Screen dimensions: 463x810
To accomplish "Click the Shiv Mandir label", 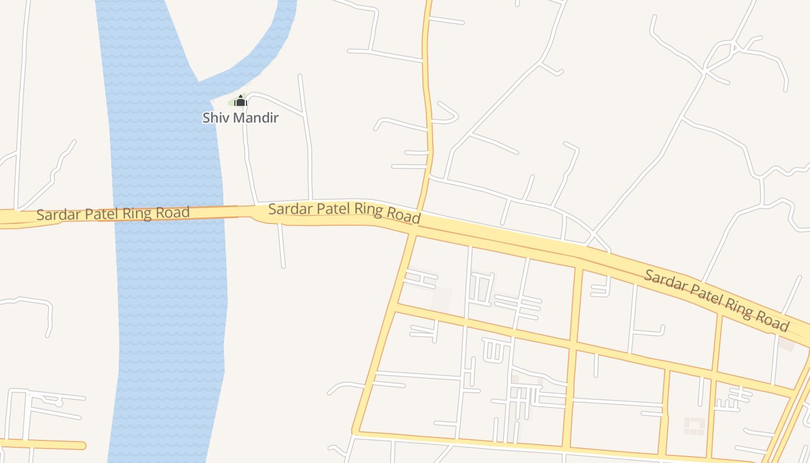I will pyautogui.click(x=240, y=118).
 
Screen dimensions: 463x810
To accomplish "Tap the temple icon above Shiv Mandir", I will pyautogui.click(x=241, y=101).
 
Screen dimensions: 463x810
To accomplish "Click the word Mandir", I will pyautogui.click(x=255, y=118).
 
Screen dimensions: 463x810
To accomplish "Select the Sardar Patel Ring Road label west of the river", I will pyautogui.click(x=113, y=214).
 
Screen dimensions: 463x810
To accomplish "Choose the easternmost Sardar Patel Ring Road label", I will pyautogui.click(x=716, y=300).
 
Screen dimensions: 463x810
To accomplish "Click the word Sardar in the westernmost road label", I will pyautogui.click(x=58, y=215).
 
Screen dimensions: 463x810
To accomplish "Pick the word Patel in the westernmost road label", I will pyautogui.click(x=102, y=214).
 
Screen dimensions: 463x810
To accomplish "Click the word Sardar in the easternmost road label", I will pyautogui.click(x=664, y=280).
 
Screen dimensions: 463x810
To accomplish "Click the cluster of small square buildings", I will pyautogui.click(x=694, y=425).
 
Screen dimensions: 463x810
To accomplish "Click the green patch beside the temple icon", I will pyautogui.click(x=233, y=102).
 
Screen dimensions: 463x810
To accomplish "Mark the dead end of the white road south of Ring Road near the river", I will pyautogui.click(x=283, y=266).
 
